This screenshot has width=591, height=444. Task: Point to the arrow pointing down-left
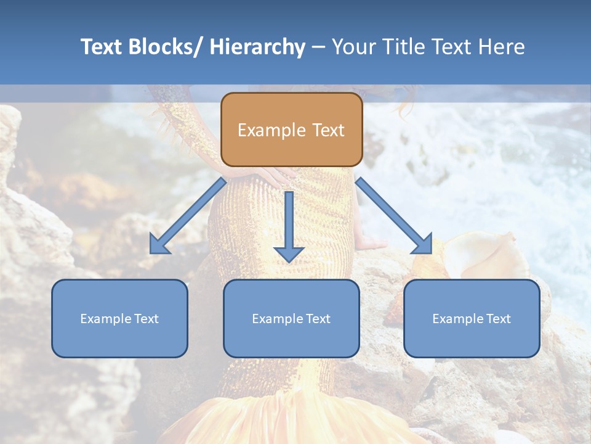(188, 216)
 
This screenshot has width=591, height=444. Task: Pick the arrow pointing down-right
(394, 216)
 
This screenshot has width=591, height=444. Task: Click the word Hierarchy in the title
(258, 47)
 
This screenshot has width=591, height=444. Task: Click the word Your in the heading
(354, 47)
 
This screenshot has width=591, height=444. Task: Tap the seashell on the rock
(486, 255)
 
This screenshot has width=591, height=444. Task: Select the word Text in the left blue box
(147, 319)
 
